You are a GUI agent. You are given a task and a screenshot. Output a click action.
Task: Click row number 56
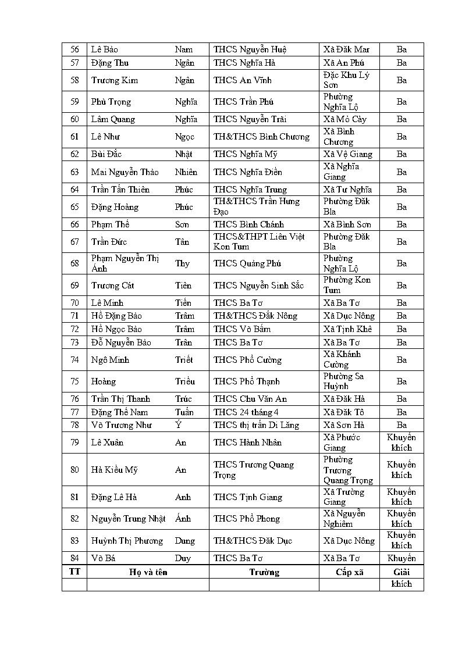[74, 49]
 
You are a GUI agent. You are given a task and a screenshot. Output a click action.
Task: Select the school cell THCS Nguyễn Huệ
[250, 49]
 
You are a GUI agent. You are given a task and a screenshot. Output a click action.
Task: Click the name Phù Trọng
[111, 102]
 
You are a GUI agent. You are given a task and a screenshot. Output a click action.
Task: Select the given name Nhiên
[186, 172]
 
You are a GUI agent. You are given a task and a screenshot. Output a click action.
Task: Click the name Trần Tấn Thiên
[120, 190]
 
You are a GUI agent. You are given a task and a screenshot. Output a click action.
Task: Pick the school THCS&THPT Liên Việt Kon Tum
[259, 241]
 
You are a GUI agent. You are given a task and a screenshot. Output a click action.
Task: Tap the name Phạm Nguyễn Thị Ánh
[125, 263]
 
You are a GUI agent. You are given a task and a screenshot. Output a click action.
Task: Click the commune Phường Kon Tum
[347, 285]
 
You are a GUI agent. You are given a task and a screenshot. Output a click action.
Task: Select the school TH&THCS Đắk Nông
[255, 316]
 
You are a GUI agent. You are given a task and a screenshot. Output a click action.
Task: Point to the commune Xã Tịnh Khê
[347, 329]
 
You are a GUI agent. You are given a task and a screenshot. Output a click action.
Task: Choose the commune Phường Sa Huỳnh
[343, 381]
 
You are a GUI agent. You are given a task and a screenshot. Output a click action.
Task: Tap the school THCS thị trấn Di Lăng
[256, 425]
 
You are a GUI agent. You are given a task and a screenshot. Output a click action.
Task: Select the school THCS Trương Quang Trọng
[254, 470]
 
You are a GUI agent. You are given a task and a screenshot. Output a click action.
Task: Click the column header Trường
[264, 572]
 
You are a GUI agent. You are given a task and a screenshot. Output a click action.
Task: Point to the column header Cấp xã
[349, 572]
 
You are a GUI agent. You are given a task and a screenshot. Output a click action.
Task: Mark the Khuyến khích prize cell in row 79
[401, 443]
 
